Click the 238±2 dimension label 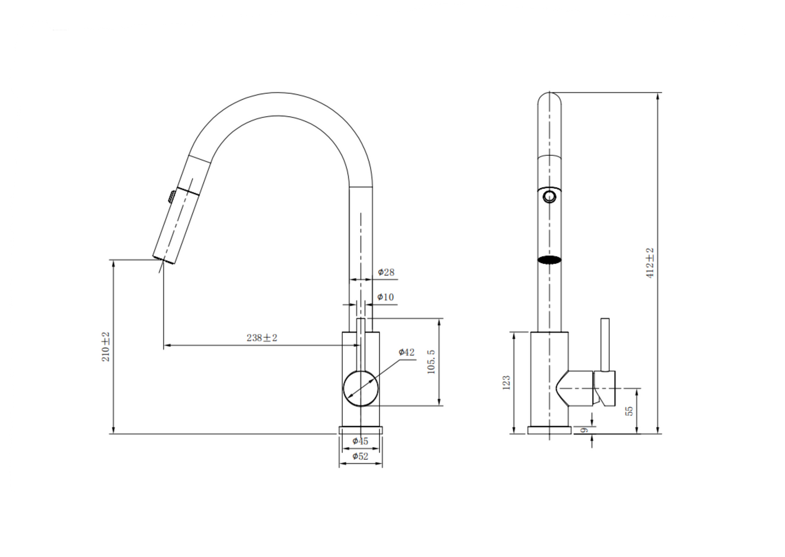pyautogui.click(x=262, y=338)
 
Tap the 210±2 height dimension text pyautogui.click(x=106, y=347)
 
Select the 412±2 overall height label pyautogui.click(x=650, y=263)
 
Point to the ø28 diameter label pyautogui.click(x=386, y=272)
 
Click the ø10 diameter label pyautogui.click(x=386, y=297)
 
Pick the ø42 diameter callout pyautogui.click(x=406, y=352)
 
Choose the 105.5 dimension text pyautogui.click(x=431, y=362)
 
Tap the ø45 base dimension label pyautogui.click(x=360, y=441)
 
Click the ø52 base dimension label pyautogui.click(x=360, y=456)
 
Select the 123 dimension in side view pyautogui.click(x=506, y=383)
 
